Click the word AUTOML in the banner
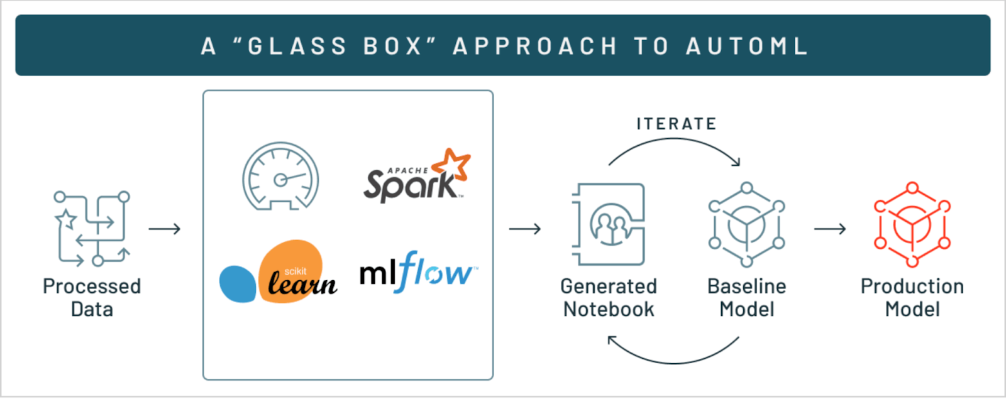[746, 46]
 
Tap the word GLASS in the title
[297, 46]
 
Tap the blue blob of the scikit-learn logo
[238, 284]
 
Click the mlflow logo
[417, 273]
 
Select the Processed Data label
[92, 298]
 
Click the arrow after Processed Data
[165, 229]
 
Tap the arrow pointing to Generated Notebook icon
[525, 229]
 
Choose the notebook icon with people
[609, 224]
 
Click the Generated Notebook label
[609, 298]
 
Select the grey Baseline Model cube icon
[746, 224]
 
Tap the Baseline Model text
[746, 298]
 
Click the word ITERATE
[676, 124]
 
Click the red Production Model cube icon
[912, 224]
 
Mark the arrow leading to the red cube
[830, 229]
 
